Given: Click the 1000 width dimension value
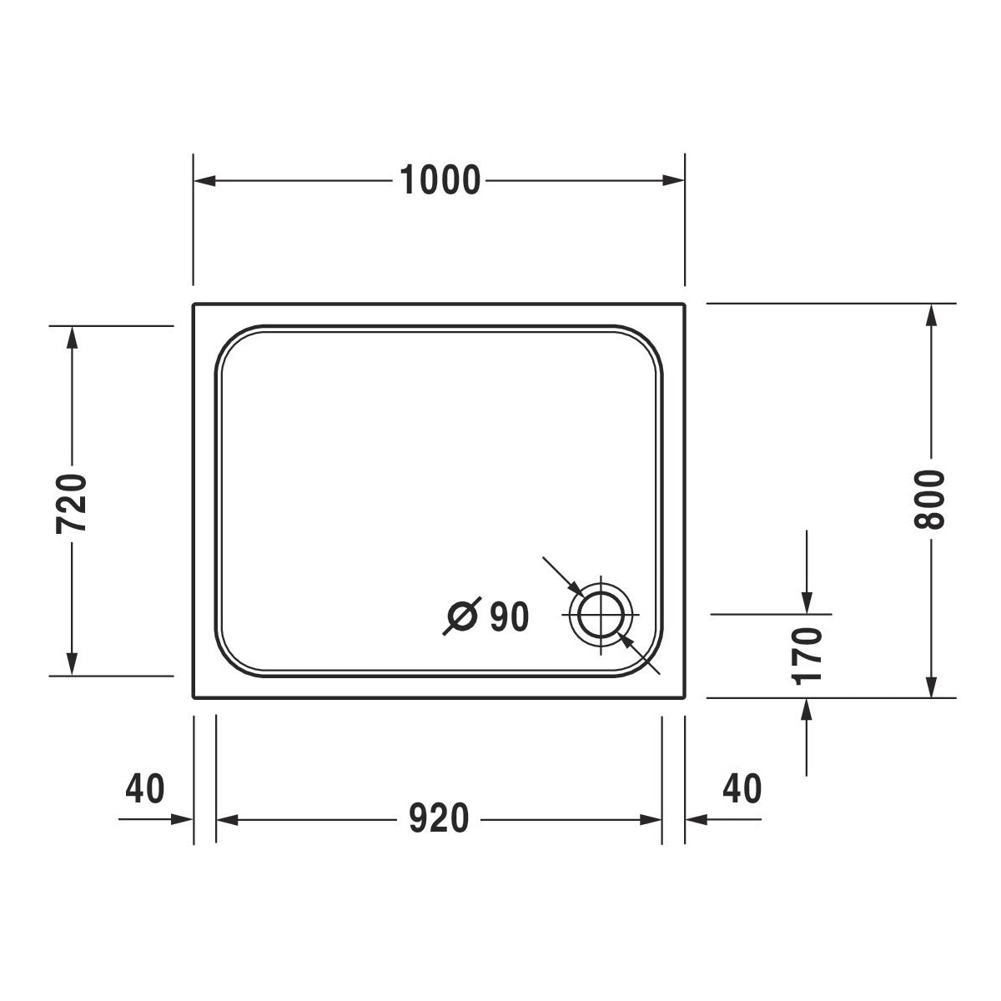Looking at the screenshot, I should point(440,180).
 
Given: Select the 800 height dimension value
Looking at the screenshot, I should point(929,500).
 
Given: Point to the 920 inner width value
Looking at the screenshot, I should point(440,819).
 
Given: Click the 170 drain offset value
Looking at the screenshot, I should point(807,656).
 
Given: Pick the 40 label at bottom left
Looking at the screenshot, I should point(145,788).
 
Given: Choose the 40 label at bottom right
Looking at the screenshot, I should point(742,788).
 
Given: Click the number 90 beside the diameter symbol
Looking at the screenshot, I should point(509,617).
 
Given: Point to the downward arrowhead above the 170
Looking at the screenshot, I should point(807,602).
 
